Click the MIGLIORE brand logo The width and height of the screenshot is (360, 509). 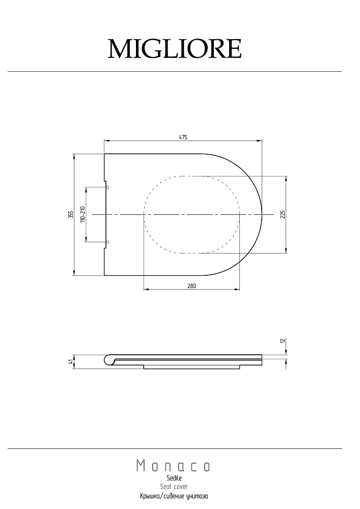(175, 49)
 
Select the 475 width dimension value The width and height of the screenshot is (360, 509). (183, 137)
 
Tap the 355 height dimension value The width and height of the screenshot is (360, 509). (71, 215)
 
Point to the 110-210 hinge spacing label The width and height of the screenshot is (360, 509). (82, 214)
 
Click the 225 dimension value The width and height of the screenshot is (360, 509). (283, 214)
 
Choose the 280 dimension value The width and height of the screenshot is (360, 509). (191, 286)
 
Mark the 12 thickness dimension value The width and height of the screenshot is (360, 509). (283, 341)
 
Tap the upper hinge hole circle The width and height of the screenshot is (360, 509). (108, 187)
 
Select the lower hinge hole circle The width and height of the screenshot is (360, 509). (108, 242)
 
